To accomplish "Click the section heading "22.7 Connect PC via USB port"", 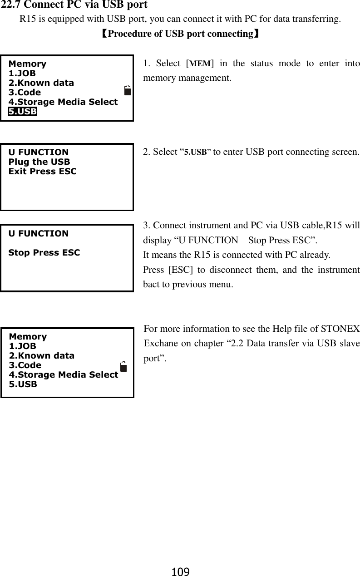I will [74, 6].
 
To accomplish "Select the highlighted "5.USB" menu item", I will [23, 112].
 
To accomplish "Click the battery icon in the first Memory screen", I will [128, 90].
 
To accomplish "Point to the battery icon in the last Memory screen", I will [123, 366].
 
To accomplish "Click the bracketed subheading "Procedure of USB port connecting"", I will [180, 34].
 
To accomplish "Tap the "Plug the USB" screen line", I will [39, 162].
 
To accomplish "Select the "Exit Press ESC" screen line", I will [43, 172].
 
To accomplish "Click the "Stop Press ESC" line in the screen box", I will [44, 252].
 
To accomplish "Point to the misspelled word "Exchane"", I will [160, 343].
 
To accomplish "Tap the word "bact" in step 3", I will [151, 285].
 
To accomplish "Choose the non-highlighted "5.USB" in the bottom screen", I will [23, 384].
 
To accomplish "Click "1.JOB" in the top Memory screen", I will [22, 74].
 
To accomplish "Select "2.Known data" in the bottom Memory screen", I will [42, 356].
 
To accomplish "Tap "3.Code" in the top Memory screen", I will [25, 93].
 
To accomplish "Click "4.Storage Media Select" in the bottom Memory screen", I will [64, 375].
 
